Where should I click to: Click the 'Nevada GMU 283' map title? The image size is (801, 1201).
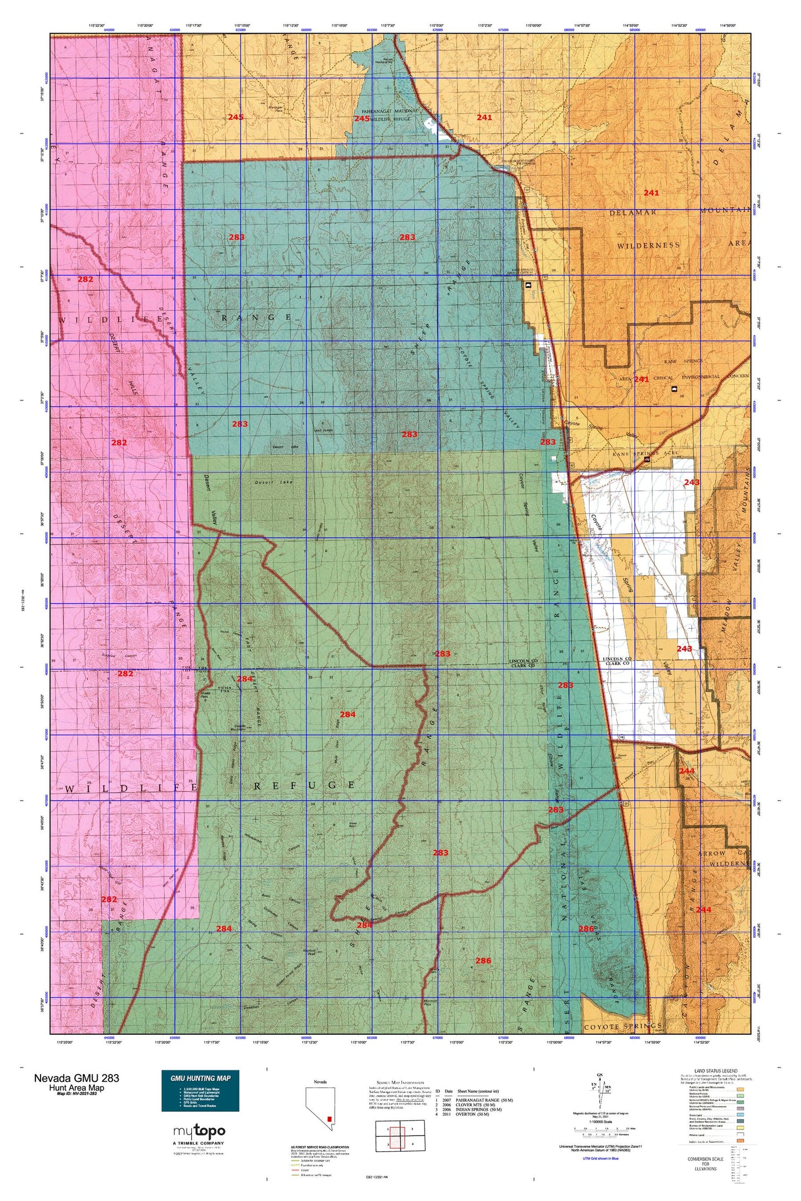click(76, 1077)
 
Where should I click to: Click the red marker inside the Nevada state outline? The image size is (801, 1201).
click(331, 1118)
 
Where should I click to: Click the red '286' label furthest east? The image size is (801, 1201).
click(586, 928)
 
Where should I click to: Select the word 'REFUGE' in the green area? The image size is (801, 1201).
click(305, 785)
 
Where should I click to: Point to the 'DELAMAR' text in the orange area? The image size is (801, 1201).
click(633, 212)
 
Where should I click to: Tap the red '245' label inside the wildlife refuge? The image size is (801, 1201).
click(361, 119)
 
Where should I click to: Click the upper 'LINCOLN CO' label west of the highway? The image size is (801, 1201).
click(523, 661)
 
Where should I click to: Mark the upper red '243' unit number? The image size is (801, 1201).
click(691, 483)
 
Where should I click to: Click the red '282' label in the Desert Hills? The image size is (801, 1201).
click(119, 443)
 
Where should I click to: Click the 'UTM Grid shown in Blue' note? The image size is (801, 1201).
click(600, 1158)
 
